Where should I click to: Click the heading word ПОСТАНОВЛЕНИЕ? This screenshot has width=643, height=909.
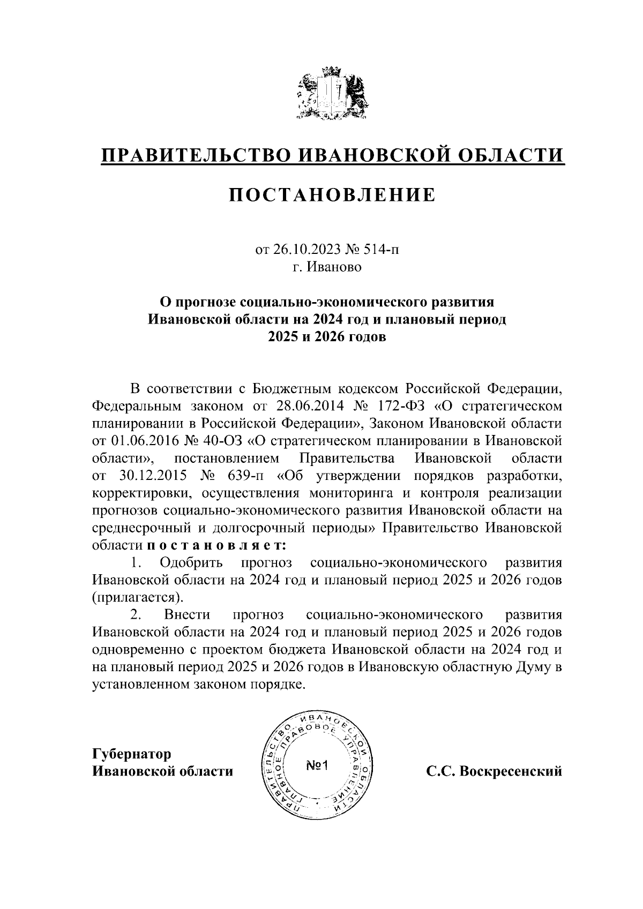[332, 196]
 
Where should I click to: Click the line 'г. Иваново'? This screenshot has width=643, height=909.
[327, 266]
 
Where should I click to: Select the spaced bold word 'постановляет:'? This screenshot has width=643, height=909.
[216, 545]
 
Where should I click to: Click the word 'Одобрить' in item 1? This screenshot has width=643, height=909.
[190, 562]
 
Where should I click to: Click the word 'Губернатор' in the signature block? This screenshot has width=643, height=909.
[131, 754]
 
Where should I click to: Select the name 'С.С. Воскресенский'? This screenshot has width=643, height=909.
[494, 771]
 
